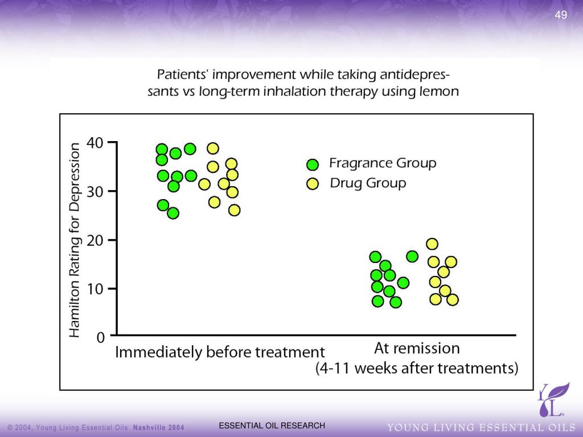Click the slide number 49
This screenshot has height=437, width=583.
point(561,15)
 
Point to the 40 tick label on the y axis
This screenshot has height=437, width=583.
point(95,142)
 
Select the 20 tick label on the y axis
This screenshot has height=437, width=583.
point(95,240)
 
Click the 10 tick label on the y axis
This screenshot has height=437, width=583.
point(95,288)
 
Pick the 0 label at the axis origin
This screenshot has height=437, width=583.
point(101,337)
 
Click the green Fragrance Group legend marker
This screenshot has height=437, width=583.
point(312,164)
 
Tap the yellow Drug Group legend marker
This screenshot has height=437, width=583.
point(312,183)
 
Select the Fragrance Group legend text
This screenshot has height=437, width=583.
point(383,163)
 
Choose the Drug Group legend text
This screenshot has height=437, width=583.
point(368,183)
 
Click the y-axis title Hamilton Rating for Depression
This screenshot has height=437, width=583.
point(75,240)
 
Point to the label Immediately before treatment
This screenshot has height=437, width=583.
point(220,352)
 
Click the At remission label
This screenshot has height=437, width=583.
point(417,348)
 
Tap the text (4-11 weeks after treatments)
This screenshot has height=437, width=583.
point(417,369)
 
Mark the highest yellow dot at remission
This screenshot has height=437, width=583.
point(432,244)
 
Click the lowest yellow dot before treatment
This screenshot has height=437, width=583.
point(234,210)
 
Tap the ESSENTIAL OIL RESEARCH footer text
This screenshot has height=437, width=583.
point(272,426)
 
